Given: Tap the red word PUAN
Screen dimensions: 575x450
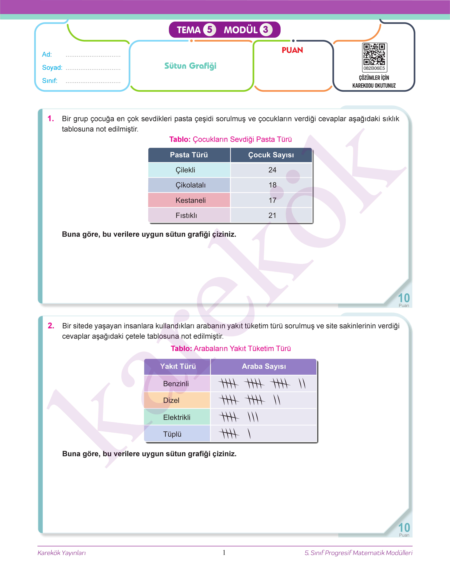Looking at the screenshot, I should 292,50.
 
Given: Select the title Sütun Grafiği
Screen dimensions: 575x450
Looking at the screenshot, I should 190,66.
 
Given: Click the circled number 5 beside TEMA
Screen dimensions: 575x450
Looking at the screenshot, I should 209,30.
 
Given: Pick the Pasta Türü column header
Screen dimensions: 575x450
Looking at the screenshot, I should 189,155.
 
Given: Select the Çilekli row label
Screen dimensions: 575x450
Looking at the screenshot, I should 185,170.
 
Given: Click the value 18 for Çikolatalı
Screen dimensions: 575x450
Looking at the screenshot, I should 272,185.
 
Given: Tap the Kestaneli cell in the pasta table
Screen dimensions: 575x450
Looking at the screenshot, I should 191,200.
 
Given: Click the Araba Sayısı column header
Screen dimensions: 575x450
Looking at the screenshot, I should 264,366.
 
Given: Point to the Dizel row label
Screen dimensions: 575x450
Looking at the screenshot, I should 171,400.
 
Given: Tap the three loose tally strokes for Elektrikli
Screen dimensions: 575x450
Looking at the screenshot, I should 253,417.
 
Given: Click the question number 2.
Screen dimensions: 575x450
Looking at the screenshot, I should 51,326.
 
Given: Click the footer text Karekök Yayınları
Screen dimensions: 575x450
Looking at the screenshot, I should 62,553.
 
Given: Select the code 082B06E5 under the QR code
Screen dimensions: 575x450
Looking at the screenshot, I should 374,68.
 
